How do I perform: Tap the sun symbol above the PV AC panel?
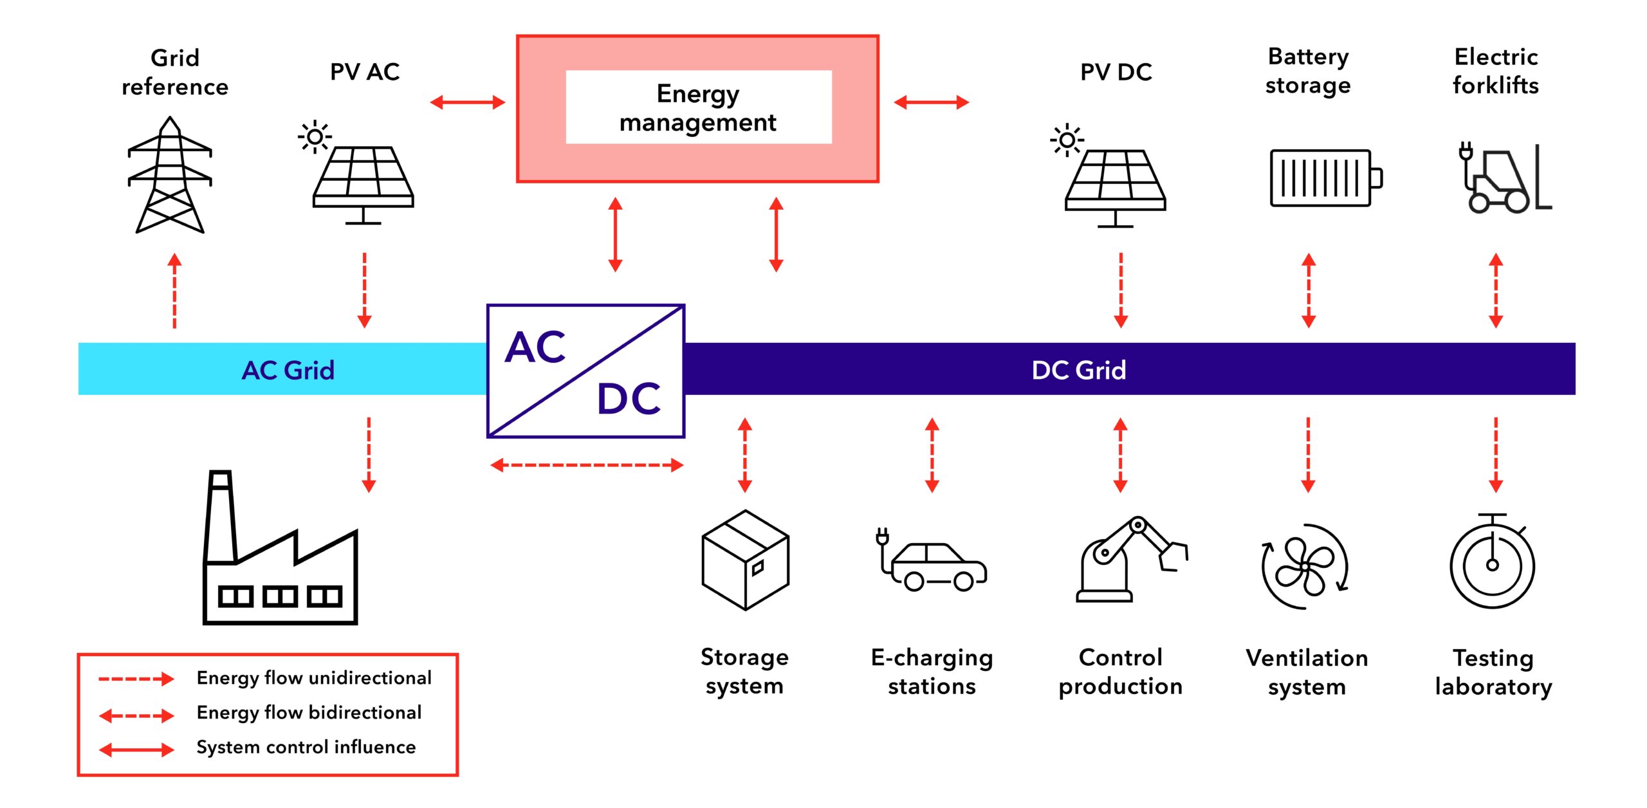click(315, 136)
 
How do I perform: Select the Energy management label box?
click(698, 107)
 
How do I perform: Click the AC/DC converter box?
click(585, 371)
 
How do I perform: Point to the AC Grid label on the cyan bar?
click(288, 370)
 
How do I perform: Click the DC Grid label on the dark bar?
click(1078, 370)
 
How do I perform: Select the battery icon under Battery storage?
click(1325, 178)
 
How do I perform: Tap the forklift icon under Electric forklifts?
click(1503, 179)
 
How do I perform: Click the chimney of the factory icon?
click(219, 515)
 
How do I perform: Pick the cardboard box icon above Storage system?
click(745, 560)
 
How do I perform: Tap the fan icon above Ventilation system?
click(1305, 566)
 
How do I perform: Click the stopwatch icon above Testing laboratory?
click(1492, 563)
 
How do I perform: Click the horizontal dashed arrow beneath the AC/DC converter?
click(586, 465)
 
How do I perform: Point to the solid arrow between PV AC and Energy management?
click(468, 102)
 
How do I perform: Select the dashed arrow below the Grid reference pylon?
click(174, 291)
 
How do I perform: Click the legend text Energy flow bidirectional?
click(309, 712)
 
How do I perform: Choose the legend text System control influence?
click(306, 747)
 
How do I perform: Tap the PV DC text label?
click(1116, 72)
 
